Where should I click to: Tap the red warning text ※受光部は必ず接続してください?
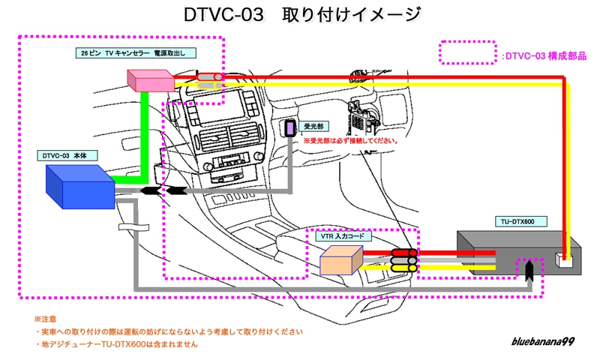pos(349,140)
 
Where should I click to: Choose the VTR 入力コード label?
pos(342,236)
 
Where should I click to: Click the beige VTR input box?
pos(341,259)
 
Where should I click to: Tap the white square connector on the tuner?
pos(564,260)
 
